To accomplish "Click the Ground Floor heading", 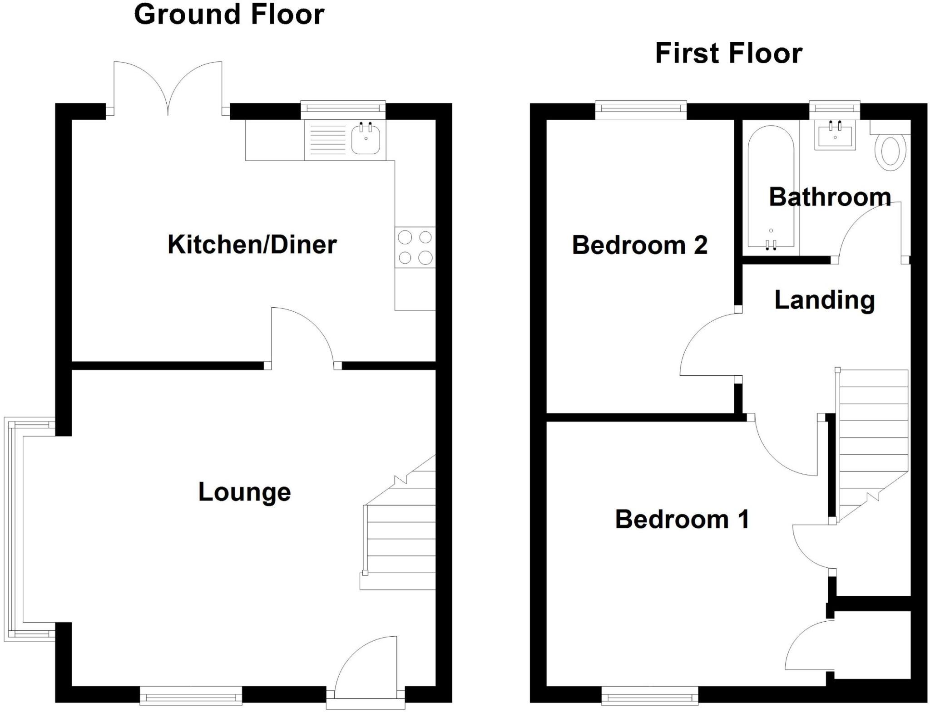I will tap(229, 15).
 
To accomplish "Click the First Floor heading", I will tap(728, 54).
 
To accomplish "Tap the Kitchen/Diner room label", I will tap(252, 245).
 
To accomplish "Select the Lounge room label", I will tap(244, 492).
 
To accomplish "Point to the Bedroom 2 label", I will tap(639, 245).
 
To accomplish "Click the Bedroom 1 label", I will tap(682, 519).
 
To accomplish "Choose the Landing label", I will tap(824, 300).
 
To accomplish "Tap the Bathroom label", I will tap(830, 197).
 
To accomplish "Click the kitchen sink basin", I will tap(366, 139).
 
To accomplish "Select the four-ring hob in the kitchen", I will tap(415, 247).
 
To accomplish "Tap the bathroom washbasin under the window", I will tap(835, 135).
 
